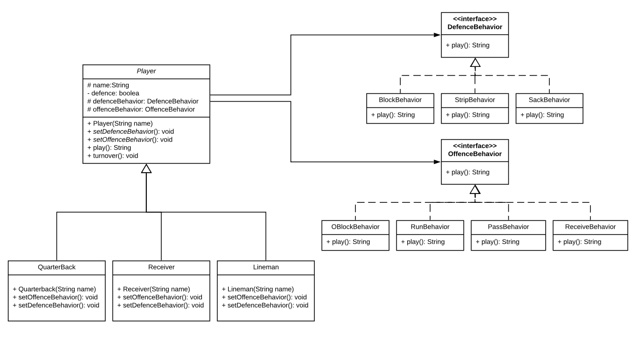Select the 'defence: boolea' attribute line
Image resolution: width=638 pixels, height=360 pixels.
(113, 93)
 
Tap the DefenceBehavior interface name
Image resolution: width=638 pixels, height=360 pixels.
(475, 27)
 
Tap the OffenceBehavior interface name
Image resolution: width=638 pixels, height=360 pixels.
(475, 154)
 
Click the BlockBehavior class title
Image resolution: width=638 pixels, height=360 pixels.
(399, 100)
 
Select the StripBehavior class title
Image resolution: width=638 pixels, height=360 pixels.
(475, 100)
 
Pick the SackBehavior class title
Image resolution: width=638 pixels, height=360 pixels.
(549, 100)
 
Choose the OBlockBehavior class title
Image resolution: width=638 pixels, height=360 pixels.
(355, 227)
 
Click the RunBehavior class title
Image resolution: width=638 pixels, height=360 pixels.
(430, 227)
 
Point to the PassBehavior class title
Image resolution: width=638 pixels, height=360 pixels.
(508, 227)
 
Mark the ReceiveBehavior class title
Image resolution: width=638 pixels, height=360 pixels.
(590, 227)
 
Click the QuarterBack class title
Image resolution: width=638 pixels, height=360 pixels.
(57, 267)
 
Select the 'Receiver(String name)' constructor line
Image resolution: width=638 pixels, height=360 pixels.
(154, 289)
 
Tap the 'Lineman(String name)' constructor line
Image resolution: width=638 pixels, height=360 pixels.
(258, 289)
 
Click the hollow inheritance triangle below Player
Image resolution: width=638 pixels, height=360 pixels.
(146, 169)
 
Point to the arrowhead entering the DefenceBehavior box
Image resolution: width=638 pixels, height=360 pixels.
(437, 35)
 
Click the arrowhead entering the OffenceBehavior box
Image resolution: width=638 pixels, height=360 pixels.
(437, 162)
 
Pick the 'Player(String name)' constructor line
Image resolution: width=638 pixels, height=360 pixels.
(120, 123)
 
